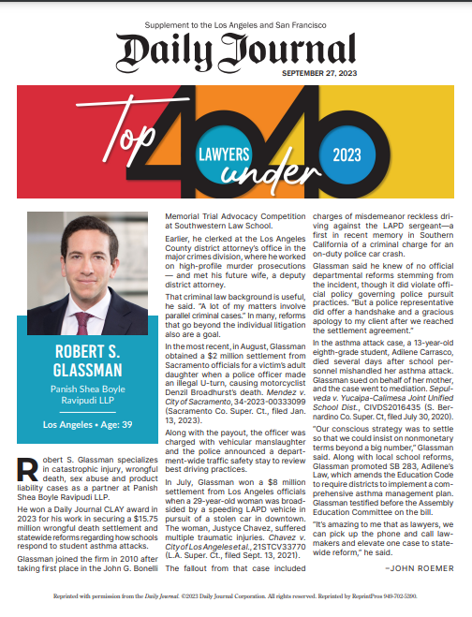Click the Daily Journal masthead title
click(x=235, y=50)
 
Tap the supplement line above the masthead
click(x=235, y=22)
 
